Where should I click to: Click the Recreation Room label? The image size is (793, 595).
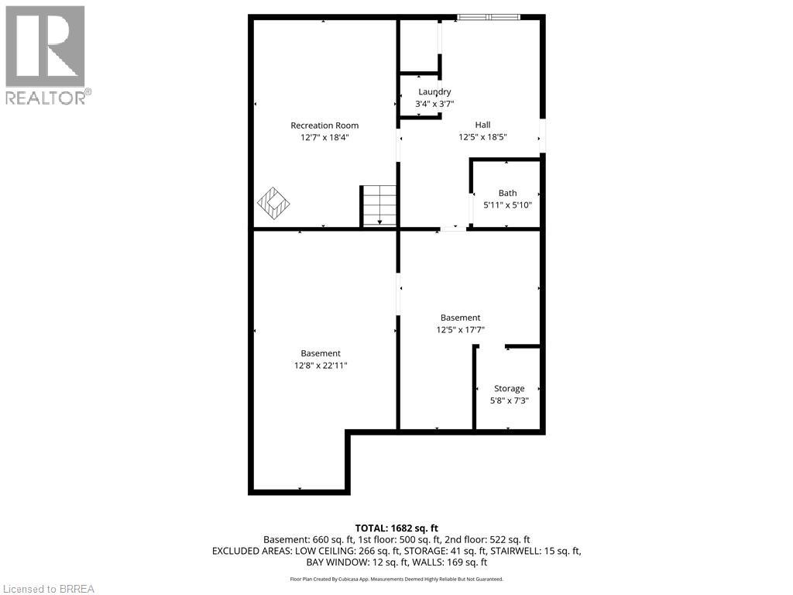(x=324, y=126)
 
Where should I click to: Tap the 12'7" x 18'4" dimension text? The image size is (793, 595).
(x=324, y=137)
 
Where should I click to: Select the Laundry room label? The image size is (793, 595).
(x=434, y=92)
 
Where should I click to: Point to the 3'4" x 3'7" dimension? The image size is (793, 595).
(x=434, y=104)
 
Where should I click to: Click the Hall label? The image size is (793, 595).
(x=482, y=125)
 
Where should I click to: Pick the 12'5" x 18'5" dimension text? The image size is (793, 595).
(x=482, y=137)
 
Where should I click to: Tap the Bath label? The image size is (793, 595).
(x=507, y=193)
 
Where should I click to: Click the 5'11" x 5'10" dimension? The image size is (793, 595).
(x=507, y=205)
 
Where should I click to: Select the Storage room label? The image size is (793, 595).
(x=509, y=388)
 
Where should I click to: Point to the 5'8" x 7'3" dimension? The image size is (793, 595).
(x=509, y=401)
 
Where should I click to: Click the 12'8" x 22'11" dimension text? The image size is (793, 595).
(x=321, y=366)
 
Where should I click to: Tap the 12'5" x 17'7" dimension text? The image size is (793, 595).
(x=460, y=329)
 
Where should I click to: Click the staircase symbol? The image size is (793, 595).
(x=379, y=206)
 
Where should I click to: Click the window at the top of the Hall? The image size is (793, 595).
(x=488, y=16)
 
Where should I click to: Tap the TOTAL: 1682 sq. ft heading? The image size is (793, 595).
(x=396, y=528)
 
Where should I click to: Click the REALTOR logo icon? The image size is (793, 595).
(x=45, y=46)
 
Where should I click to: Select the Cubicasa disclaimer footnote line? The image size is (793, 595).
(x=396, y=579)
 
